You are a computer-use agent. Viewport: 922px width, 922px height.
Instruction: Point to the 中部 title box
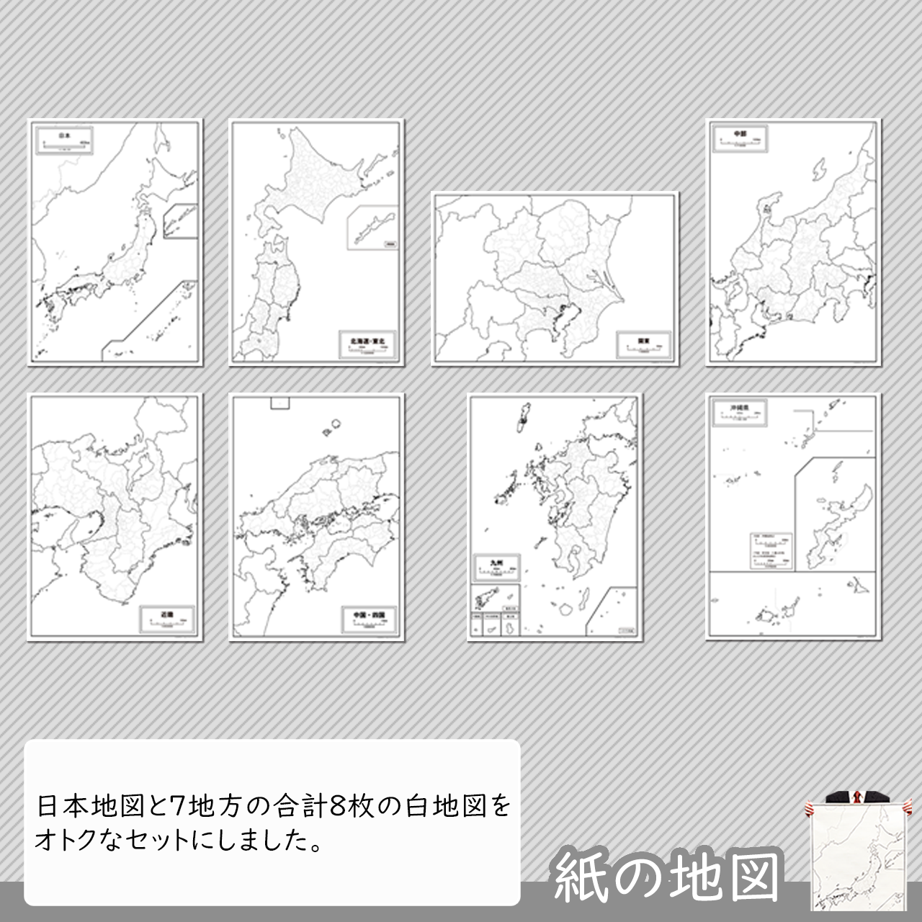(739, 138)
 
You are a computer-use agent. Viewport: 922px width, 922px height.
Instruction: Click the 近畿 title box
(167, 618)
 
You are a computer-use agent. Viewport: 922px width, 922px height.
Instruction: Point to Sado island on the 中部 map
(820, 171)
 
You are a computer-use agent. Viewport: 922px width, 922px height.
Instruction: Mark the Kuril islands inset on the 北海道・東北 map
(372, 228)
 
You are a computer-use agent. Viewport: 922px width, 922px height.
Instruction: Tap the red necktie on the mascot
(856, 797)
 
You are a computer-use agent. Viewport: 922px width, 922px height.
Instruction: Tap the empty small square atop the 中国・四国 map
(279, 403)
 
